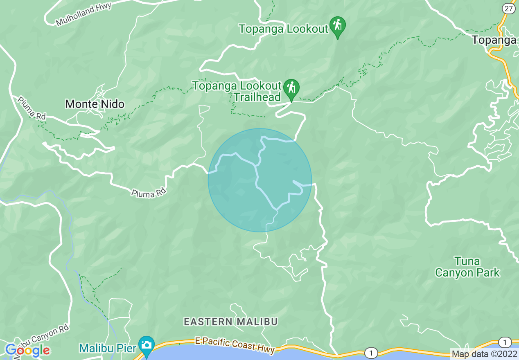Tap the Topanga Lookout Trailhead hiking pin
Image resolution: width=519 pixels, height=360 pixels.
(x=291, y=89)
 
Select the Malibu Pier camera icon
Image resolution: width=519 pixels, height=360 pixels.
(x=146, y=346)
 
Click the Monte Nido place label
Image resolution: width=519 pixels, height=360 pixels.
(x=95, y=104)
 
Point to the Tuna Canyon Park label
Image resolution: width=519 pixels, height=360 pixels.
(x=467, y=267)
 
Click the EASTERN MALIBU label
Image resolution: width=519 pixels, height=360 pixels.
(x=231, y=322)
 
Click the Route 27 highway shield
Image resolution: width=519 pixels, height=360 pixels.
(x=509, y=8)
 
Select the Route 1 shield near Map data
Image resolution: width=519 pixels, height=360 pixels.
(x=505, y=342)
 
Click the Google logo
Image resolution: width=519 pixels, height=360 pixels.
(x=27, y=350)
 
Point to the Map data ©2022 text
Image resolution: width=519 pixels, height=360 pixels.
(x=485, y=354)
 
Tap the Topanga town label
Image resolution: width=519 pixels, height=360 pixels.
(x=494, y=40)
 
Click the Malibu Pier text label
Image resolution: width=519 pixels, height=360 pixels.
(x=108, y=348)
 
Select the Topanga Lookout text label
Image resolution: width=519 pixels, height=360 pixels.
(x=284, y=29)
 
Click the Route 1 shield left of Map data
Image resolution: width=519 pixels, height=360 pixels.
(x=371, y=353)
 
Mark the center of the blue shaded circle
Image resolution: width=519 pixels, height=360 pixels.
(x=260, y=180)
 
